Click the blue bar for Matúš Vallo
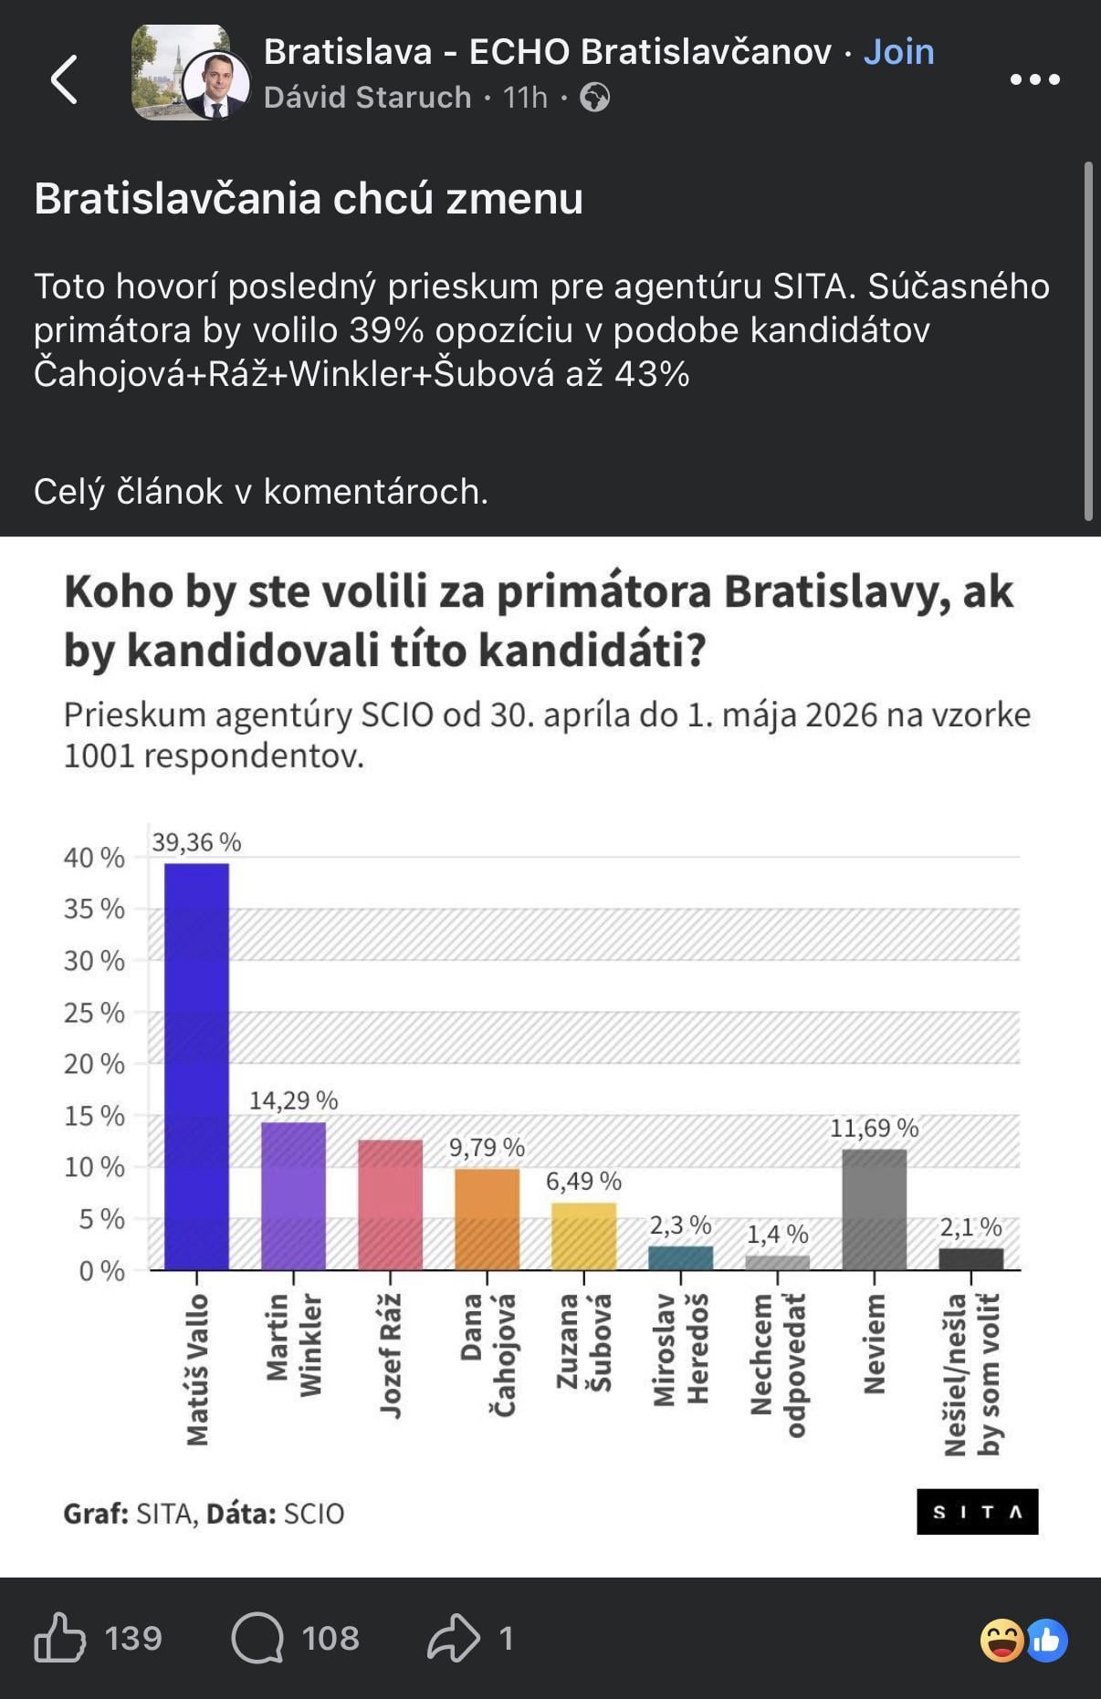pos(196,1066)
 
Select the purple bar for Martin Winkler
pos(293,1195)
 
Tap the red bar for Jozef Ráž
pos(390,1204)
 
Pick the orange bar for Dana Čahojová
pos(487,1219)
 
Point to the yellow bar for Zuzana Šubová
pos(583,1236)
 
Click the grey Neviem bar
pos(874,1209)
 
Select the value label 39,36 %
pos(196,842)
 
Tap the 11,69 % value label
pos(874,1128)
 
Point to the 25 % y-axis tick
pos(94,1012)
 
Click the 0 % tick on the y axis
pos(101,1270)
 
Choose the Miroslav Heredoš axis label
pos(680,1349)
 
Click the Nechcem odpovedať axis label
pos(778,1365)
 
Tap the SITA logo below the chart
pos(977,1512)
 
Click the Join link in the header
pos(898,52)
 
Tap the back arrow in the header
pos(64,78)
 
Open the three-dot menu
pos(1035,79)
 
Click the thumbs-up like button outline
pos(60,1638)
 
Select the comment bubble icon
pos(257,1638)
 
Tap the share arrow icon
pos(454,1638)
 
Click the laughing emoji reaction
pos(1001,1640)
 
